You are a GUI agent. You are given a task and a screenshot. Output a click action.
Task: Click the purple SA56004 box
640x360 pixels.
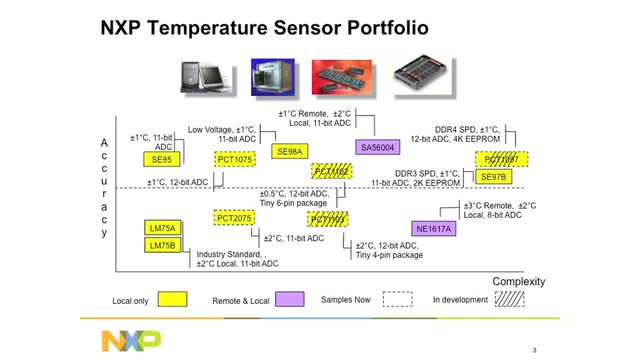pyautogui.click(x=378, y=147)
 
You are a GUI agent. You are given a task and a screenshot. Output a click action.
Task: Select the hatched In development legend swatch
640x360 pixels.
pyautogui.click(x=512, y=300)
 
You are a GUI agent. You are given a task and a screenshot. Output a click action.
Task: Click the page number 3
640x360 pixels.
pyautogui.click(x=535, y=349)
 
